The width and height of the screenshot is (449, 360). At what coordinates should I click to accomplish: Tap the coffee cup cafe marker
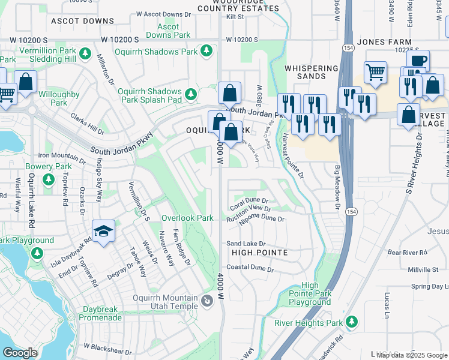(x=418, y=60)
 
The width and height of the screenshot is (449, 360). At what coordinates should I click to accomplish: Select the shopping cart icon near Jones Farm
(x=375, y=71)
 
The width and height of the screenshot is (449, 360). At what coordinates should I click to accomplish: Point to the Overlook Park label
(x=187, y=218)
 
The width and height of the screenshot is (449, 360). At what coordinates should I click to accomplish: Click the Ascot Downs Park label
(x=168, y=31)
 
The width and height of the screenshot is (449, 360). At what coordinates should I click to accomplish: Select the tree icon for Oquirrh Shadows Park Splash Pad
(x=190, y=94)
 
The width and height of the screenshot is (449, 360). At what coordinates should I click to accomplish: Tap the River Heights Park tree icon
(x=351, y=322)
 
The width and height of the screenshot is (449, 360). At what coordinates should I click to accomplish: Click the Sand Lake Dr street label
(x=246, y=244)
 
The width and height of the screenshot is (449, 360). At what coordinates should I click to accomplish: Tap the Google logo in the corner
(x=20, y=353)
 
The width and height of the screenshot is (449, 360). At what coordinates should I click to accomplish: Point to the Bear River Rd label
(x=406, y=252)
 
